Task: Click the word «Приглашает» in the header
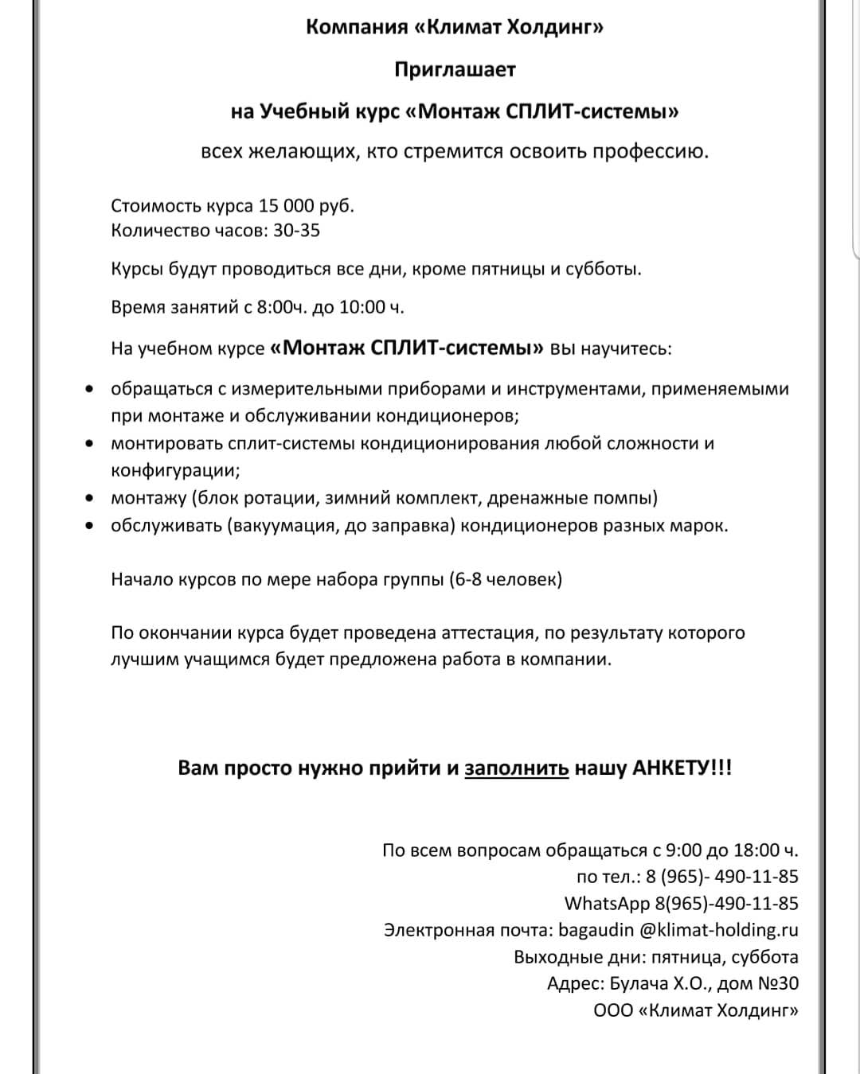click(455, 70)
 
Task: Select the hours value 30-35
click(295, 231)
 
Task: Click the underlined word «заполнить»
click(516, 769)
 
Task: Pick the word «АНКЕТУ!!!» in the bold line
click(682, 769)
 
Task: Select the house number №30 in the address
click(777, 984)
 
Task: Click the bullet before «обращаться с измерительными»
click(91, 390)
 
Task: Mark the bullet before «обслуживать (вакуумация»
click(91, 526)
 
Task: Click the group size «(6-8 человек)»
click(506, 579)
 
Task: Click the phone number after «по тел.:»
click(722, 877)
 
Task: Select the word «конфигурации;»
click(175, 470)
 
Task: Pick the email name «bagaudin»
click(596, 930)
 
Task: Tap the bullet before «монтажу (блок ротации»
click(91, 499)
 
